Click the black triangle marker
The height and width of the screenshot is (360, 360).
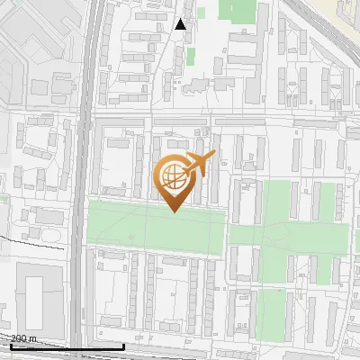coord(181,24)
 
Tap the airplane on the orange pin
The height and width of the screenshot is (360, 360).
coord(198,165)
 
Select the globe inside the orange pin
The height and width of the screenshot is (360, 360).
coord(173,176)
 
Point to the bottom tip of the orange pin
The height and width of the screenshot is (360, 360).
coord(174,211)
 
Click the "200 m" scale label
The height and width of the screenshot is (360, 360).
coord(24,338)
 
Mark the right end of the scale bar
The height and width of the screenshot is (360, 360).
coord(123,346)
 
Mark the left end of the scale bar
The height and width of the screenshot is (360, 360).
coord(11,346)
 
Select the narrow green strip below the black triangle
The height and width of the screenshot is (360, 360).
coord(191,57)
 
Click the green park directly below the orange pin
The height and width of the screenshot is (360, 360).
coord(157,229)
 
